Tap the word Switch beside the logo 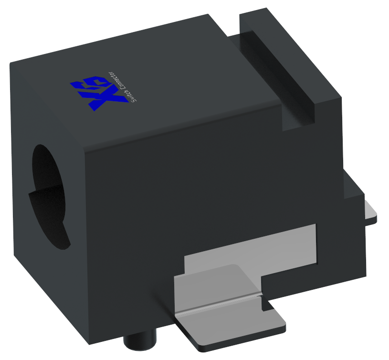coord(131,95)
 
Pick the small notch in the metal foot coord(264,304)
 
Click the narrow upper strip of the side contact coord(267,244)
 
